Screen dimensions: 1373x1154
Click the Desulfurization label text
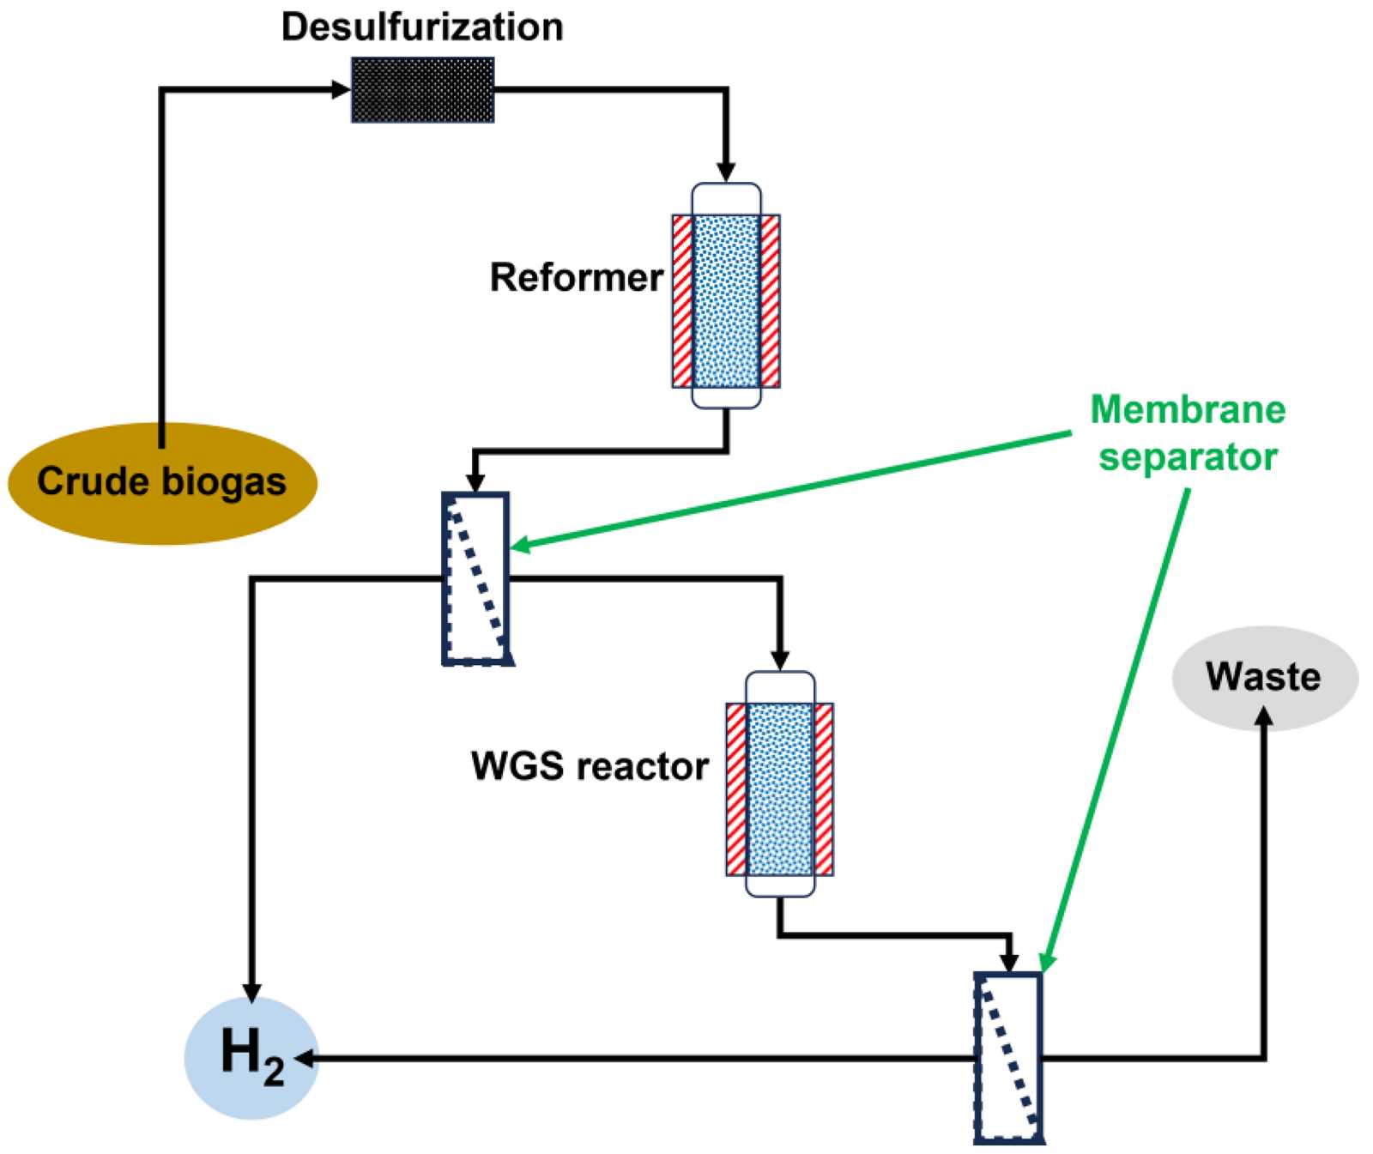tap(422, 27)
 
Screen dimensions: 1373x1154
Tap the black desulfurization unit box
tap(423, 90)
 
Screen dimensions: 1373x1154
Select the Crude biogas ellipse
tap(162, 482)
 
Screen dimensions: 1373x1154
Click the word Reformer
tap(576, 278)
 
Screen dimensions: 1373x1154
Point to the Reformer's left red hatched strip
tap(682, 301)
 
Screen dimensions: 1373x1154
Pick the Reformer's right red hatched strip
tap(770, 301)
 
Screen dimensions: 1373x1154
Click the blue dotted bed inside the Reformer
tap(726, 301)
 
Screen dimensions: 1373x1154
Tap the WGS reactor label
tap(590, 766)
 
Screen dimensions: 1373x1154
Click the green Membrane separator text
tap(1189, 433)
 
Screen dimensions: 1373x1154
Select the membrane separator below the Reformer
tap(476, 578)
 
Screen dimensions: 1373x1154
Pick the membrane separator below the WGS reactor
tap(1009, 1058)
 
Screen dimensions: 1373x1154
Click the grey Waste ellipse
tap(1265, 678)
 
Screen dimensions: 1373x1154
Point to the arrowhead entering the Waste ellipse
tap(1263, 717)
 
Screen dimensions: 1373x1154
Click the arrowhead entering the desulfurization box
tap(342, 88)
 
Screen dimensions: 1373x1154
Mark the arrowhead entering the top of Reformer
tap(726, 171)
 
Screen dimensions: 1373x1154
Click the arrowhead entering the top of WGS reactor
tap(780, 659)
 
